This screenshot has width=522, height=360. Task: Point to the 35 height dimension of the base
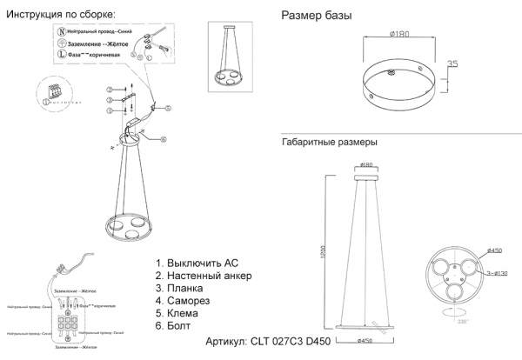452,65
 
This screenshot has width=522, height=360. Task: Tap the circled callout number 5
111,122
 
